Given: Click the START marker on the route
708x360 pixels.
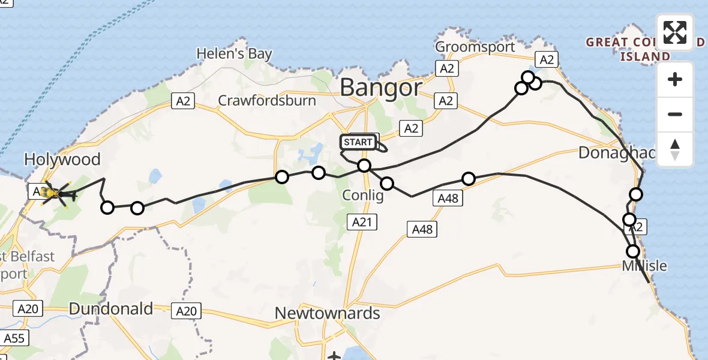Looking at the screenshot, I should point(359,142).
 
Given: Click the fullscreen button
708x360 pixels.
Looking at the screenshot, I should point(675,32).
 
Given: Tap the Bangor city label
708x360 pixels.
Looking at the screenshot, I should point(380,88).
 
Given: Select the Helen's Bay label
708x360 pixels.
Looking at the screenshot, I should point(234,54).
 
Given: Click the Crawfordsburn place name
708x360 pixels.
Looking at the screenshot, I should point(267,100).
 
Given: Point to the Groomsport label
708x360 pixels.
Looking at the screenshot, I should point(475,47).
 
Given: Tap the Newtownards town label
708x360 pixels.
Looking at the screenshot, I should point(328,313).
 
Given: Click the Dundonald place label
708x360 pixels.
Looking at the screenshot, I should point(110,309).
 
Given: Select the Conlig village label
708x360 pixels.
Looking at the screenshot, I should point(362,196).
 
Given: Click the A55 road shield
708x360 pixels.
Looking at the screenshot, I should point(13,338).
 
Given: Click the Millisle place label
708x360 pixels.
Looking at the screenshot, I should point(644,266).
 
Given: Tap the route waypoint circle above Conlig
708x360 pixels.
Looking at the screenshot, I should point(364,166).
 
